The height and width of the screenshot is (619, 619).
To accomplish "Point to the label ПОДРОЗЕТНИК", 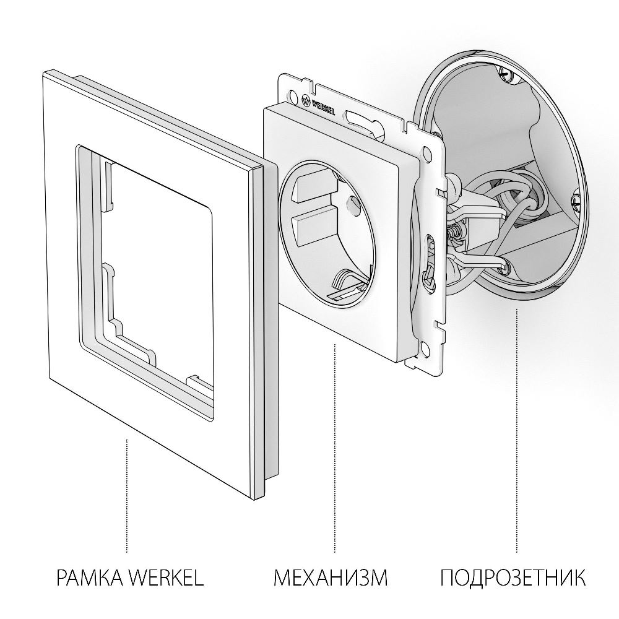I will point(513,579).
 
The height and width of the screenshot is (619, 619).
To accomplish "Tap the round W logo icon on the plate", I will point(305,98).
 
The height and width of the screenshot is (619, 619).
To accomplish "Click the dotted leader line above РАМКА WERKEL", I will point(127,495).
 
